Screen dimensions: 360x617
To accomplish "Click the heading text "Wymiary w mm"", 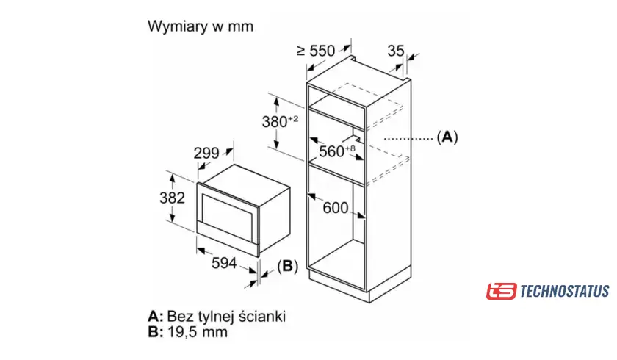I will [x=201, y=26].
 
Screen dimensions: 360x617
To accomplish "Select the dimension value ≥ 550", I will [x=315, y=51].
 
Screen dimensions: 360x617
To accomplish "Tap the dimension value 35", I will [x=395, y=51].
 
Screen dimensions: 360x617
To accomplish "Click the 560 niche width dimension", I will [x=333, y=151].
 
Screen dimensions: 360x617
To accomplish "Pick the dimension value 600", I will [x=336, y=208].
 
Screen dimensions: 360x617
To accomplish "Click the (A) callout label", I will [x=447, y=137].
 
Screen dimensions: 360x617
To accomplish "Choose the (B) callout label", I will [x=288, y=266].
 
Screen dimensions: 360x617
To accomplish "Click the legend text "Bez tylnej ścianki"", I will [x=226, y=316].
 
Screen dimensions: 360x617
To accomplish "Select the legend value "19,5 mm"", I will [x=198, y=331].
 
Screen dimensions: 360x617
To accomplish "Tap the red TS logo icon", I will [x=501, y=291].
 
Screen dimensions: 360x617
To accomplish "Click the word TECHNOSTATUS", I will [x=564, y=291].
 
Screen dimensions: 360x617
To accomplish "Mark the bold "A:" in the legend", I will [x=155, y=316].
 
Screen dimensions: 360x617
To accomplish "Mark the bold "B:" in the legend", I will [x=155, y=331].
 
